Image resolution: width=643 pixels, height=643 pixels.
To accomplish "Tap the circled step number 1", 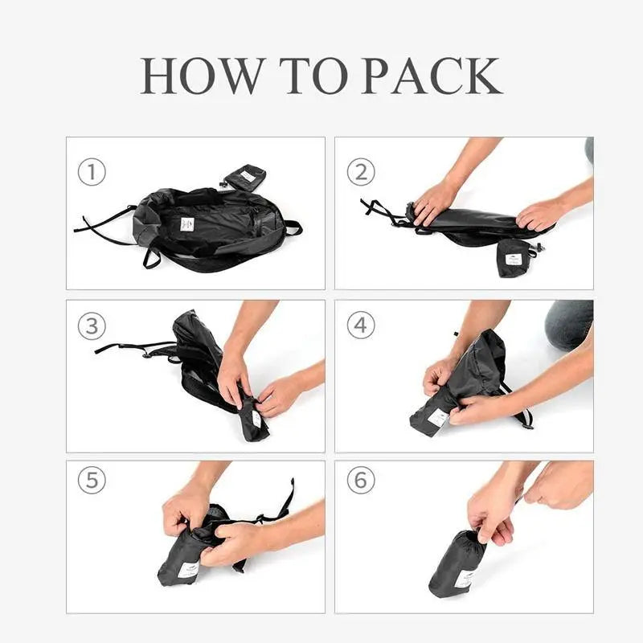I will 91,172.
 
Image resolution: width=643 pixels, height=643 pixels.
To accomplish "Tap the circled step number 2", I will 361,172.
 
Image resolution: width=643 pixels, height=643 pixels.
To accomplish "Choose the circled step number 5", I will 91,480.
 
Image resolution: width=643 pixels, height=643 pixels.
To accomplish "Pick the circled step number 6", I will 361,480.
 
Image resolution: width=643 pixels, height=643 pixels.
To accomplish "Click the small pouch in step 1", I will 245,177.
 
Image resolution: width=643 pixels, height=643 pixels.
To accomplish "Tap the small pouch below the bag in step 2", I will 513,257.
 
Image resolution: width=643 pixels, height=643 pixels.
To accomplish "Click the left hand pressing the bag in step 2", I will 435,202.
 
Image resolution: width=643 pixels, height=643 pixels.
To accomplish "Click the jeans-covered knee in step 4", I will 569,325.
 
